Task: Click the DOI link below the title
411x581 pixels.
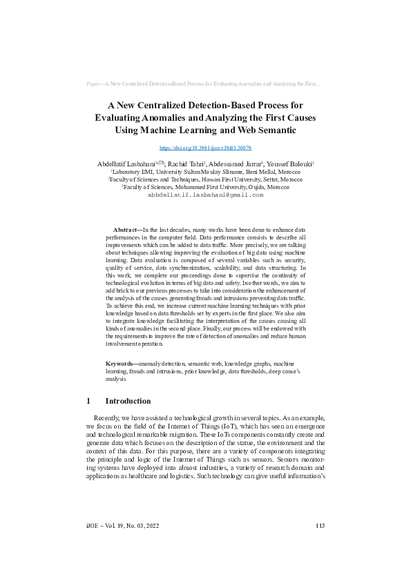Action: pyautogui.click(x=205, y=148)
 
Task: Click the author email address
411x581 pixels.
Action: pyautogui.click(x=205, y=195)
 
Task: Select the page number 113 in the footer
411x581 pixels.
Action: pyautogui.click(x=320, y=526)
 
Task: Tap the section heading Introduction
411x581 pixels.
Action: pyautogui.click(x=127, y=401)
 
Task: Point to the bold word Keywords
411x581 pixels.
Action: pyautogui.click(x=120, y=363)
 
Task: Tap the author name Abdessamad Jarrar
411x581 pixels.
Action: pyautogui.click(x=242, y=163)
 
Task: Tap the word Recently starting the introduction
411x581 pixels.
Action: pyautogui.click(x=108, y=419)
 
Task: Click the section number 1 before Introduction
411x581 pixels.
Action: pyautogui.click(x=88, y=401)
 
